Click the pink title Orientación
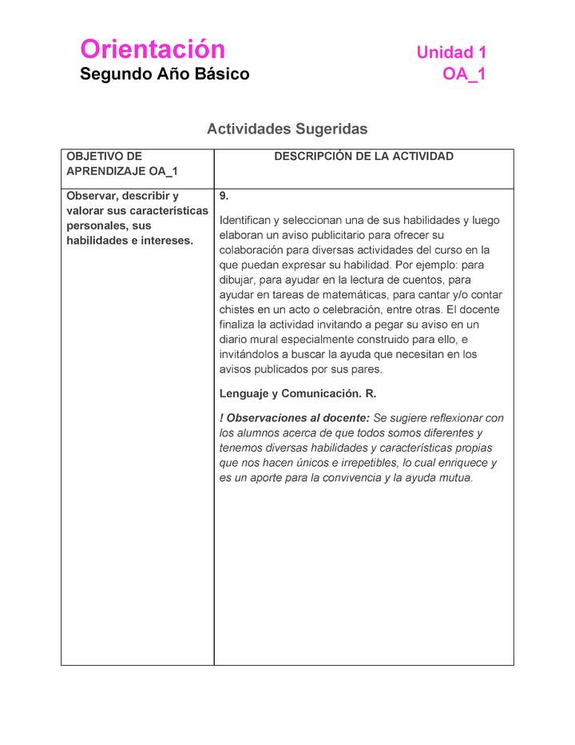click(x=153, y=50)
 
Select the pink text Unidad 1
click(x=451, y=53)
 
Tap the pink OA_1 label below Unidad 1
click(x=464, y=74)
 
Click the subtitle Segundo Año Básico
click(x=165, y=74)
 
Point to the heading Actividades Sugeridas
click(x=287, y=129)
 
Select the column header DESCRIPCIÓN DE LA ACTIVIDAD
click(x=363, y=157)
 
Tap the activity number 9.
click(x=224, y=196)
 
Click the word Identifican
click(x=248, y=220)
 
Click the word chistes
click(x=237, y=309)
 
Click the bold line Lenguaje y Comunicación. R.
click(x=298, y=394)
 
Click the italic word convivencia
click(x=351, y=478)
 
